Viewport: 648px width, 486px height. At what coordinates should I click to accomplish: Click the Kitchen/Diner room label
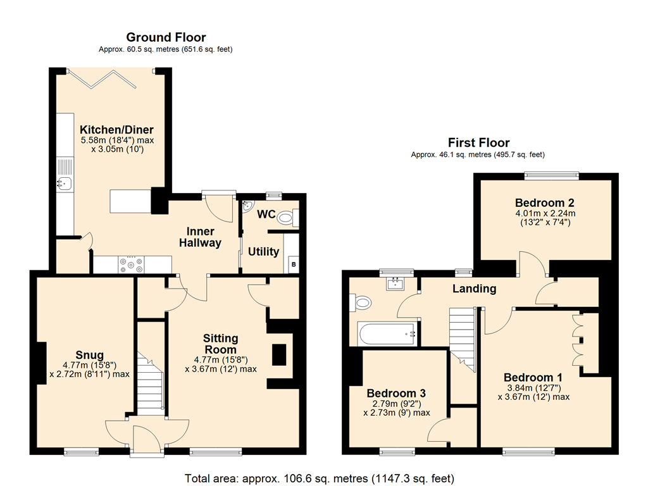click(116, 129)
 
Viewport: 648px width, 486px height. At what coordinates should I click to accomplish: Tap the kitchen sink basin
click(65, 182)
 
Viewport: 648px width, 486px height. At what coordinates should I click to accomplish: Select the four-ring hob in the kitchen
click(132, 265)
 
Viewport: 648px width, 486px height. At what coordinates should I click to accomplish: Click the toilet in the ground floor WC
click(288, 218)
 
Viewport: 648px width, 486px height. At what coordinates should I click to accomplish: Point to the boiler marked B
click(294, 264)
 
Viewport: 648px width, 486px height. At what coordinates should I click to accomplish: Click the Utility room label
click(264, 251)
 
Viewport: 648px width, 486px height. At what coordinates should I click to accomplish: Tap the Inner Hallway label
click(200, 237)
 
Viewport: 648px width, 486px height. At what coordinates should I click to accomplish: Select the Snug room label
click(90, 355)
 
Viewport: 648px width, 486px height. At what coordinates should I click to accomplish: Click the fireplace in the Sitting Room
click(279, 354)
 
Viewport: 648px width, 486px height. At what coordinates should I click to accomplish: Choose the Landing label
click(474, 289)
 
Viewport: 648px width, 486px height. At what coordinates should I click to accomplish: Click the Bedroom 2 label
click(545, 203)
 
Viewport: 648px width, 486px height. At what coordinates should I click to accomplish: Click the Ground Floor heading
click(166, 37)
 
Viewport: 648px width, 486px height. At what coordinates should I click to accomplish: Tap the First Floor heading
click(478, 142)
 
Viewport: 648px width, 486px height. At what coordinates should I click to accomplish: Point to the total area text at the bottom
click(320, 478)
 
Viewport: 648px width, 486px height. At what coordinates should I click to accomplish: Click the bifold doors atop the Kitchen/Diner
click(103, 78)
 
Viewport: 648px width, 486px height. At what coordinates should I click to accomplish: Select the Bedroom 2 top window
click(551, 176)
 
